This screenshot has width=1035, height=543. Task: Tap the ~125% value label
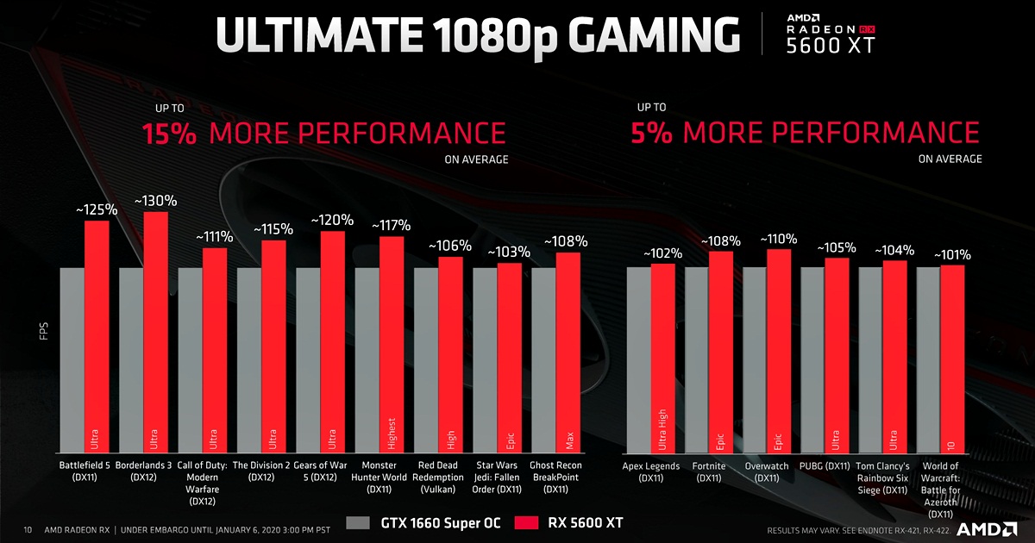tap(96, 209)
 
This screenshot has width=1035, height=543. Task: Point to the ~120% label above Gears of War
tap(332, 220)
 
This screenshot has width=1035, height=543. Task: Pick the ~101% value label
tap(951, 255)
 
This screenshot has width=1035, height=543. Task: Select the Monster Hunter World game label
tap(379, 477)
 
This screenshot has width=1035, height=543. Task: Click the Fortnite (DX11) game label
tap(708, 471)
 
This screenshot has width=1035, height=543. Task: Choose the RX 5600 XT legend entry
tap(568, 522)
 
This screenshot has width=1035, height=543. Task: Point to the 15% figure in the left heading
tap(169, 134)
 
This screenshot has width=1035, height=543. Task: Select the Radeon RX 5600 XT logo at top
tap(829, 34)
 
